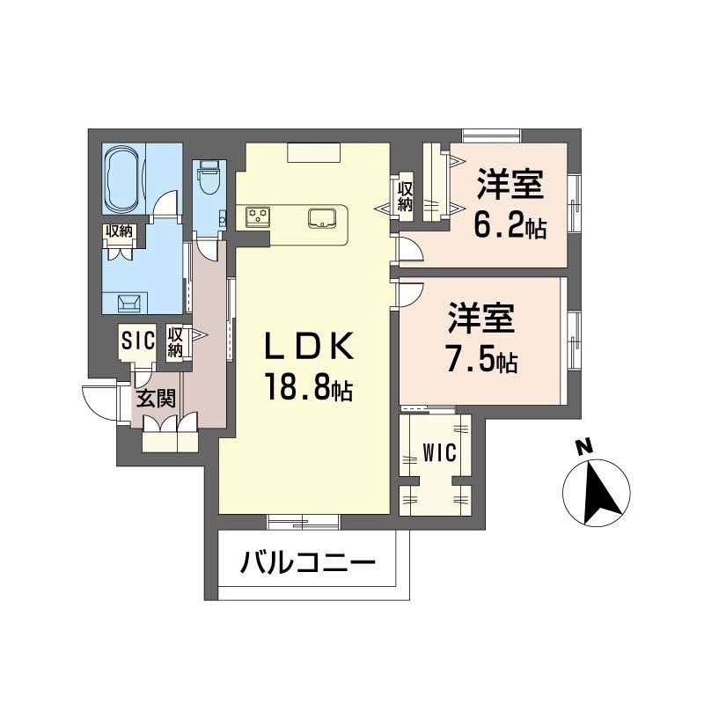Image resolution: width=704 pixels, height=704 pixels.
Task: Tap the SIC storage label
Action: [138, 338]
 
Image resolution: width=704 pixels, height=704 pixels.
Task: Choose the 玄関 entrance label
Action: [155, 398]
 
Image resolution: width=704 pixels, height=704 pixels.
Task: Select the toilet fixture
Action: [209, 180]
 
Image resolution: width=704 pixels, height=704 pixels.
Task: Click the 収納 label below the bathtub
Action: [120, 231]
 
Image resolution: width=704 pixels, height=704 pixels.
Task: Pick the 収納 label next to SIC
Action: [175, 341]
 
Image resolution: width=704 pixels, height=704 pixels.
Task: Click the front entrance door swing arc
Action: [95, 401]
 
